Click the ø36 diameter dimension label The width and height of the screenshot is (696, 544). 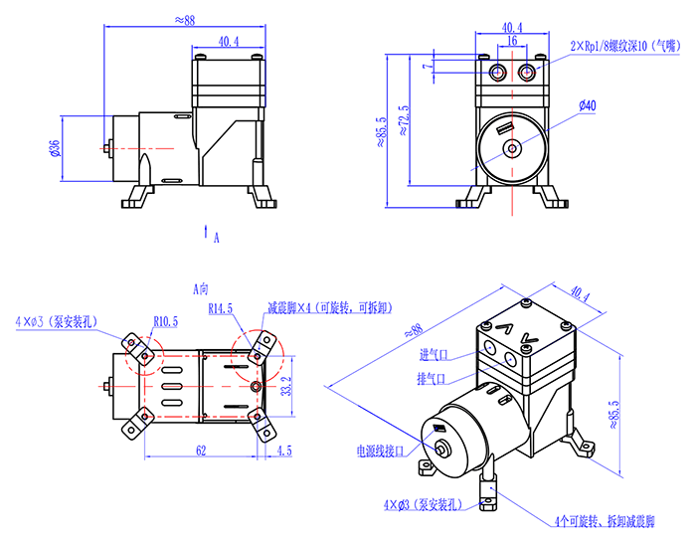coord(55,148)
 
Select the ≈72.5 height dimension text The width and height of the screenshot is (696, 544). coord(403,120)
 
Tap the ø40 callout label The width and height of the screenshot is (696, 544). coord(588,105)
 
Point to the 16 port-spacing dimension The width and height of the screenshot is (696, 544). coord(512,41)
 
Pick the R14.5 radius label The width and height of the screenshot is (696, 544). coord(221,308)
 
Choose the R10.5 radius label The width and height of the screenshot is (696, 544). coord(166,321)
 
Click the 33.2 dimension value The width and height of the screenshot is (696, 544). coord(287,386)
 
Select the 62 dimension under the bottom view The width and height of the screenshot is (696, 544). coord(201,451)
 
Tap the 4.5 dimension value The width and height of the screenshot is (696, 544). coord(284,451)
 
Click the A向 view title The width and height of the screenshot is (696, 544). coord(201,289)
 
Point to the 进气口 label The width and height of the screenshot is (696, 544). coord(435,355)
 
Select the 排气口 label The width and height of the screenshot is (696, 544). coord(431,379)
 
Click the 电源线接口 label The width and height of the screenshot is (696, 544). coord(381,452)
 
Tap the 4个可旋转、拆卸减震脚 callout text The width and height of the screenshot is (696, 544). coord(605,521)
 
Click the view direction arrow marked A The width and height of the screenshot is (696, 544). coord(206,231)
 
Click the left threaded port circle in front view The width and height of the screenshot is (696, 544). coord(498,72)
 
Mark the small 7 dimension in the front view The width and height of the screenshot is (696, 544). coord(428,67)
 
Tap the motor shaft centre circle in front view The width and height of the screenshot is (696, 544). coord(512,148)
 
